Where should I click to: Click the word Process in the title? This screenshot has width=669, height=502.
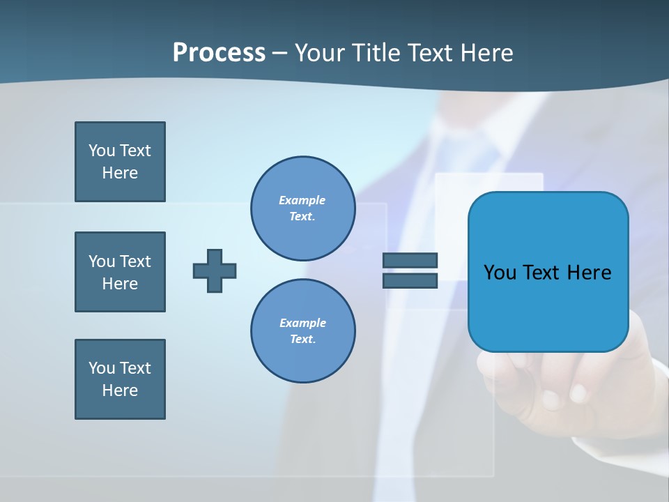tap(219, 52)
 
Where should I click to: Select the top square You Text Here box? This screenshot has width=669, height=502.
tap(120, 162)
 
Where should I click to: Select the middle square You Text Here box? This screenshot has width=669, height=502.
tap(120, 272)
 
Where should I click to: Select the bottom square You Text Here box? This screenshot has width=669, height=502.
tap(120, 379)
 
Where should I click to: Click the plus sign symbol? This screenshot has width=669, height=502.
tap(215, 271)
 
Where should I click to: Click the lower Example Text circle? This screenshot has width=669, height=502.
tap(302, 330)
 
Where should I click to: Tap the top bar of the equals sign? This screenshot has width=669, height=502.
tap(410, 260)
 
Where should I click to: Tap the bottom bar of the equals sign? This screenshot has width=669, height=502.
tap(410, 280)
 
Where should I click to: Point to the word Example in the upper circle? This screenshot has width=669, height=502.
tap(302, 200)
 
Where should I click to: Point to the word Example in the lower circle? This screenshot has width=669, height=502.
tap(302, 323)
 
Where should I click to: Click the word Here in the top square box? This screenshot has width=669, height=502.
tap(120, 173)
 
